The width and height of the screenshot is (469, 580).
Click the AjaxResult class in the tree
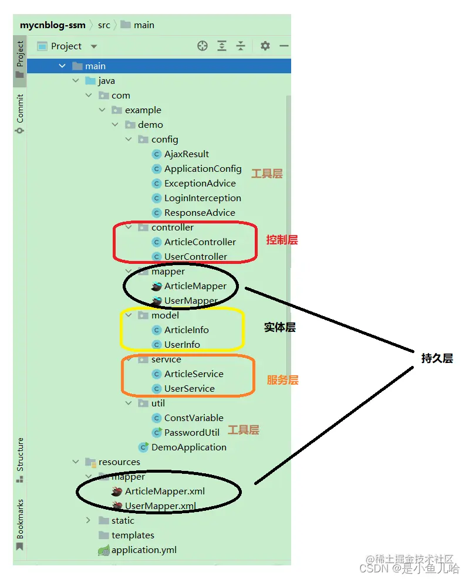click(x=186, y=154)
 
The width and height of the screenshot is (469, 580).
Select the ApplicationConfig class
click(x=203, y=169)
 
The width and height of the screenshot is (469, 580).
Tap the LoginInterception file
click(x=203, y=198)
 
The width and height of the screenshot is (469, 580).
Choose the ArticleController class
click(x=200, y=242)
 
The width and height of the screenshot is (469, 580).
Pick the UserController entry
click(x=195, y=257)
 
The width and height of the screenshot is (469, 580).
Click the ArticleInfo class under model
click(x=186, y=330)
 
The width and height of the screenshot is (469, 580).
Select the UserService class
click(x=189, y=389)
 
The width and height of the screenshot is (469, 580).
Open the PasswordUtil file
click(x=191, y=433)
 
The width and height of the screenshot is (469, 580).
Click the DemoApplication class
click(x=188, y=447)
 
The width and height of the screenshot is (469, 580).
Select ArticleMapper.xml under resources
click(x=164, y=491)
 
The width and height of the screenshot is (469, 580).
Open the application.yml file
click(x=144, y=550)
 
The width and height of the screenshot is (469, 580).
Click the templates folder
click(x=133, y=535)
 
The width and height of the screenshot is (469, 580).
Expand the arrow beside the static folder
click(x=88, y=521)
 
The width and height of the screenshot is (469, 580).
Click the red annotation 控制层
click(x=282, y=240)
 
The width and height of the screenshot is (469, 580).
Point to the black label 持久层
click(x=437, y=358)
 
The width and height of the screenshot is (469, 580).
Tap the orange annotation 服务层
click(x=282, y=380)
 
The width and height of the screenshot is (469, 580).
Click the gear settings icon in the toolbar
click(x=265, y=46)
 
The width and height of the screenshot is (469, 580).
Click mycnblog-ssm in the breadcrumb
click(x=53, y=25)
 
